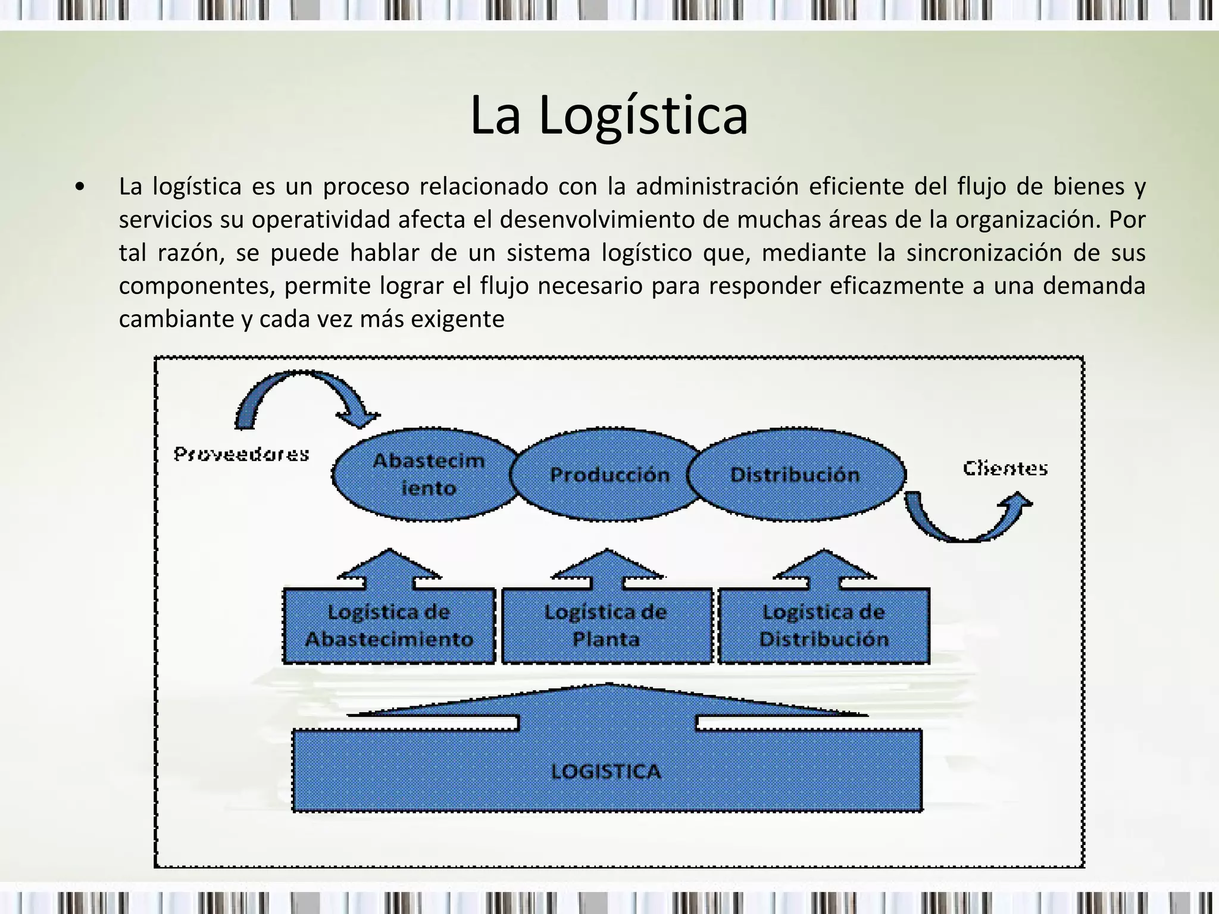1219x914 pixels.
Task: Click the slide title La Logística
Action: (608, 115)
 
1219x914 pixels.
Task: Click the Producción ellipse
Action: (609, 474)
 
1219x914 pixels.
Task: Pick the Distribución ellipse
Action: (795, 474)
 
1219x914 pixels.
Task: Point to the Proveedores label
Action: (241, 455)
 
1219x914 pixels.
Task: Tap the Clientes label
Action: (1005, 469)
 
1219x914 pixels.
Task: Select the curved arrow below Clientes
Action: (967, 517)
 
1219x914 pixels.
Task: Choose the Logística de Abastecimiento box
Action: (389, 625)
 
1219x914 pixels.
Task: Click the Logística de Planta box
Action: (606, 625)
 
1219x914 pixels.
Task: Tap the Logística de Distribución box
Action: (824, 625)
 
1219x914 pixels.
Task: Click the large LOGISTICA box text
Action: (606, 771)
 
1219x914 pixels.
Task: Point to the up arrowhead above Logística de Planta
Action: (607, 566)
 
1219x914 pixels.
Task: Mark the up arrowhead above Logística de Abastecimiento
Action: (389, 566)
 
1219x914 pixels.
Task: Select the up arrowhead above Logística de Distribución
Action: (824, 566)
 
